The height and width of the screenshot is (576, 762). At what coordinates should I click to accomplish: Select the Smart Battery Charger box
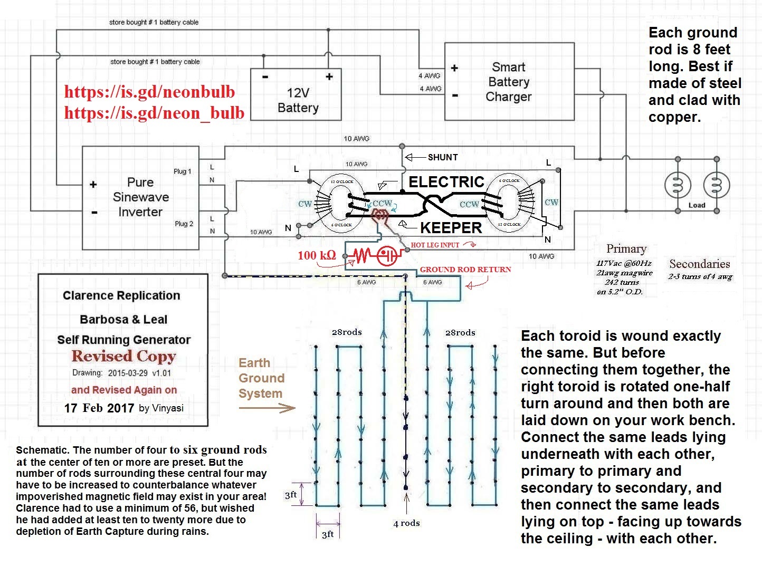pos(509,82)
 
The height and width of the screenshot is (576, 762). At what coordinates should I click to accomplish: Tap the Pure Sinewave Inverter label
pos(141,197)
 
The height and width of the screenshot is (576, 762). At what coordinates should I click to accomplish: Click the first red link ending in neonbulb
pos(149,92)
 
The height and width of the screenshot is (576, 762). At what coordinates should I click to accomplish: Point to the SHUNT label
pos(442,157)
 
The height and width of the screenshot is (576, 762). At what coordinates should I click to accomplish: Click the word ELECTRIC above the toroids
pos(446,182)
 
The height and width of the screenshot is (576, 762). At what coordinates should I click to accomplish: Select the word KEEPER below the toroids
pos(451,228)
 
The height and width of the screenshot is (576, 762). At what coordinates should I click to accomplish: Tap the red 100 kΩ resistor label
pos(317,255)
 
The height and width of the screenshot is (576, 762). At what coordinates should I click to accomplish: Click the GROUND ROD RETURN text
pos(465,270)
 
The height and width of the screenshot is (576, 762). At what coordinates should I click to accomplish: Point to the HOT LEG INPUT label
pos(435,245)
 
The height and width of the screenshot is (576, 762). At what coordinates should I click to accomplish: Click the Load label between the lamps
pos(697,205)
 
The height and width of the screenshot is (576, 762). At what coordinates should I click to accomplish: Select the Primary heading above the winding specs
pos(626,248)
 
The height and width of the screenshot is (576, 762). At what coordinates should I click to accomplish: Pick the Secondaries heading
pos(699,264)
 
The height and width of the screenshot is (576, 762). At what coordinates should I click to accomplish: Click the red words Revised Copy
pos(123,356)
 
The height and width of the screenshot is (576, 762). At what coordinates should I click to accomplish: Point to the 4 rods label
pos(406,523)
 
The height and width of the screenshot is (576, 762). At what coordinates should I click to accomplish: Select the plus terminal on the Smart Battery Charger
pos(454,68)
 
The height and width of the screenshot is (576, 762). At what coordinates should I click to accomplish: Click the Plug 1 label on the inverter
pos(182,171)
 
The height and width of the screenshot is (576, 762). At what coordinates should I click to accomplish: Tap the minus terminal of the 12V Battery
pos(265,77)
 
